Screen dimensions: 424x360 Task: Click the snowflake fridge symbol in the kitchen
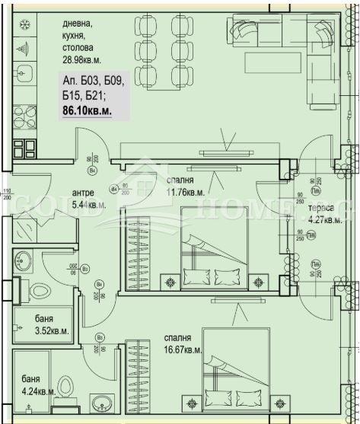pos(22,24)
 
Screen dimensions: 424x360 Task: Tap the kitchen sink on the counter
pos(22,75)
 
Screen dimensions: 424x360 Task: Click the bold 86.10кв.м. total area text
pos(86,111)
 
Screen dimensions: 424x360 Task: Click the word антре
pos(82,193)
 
